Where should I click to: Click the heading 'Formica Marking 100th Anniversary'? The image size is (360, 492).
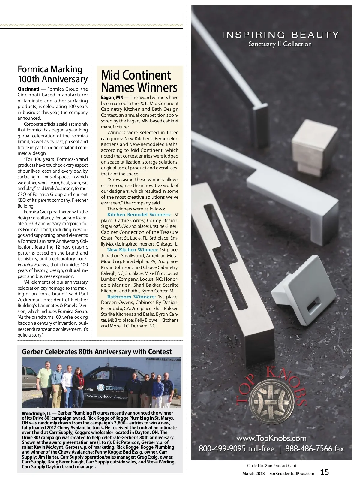click(52, 74)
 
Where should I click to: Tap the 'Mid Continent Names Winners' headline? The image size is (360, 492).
click(139, 81)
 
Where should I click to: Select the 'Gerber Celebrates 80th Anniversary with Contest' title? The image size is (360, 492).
click(97, 352)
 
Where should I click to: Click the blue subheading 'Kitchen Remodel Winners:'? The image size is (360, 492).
click(139, 215)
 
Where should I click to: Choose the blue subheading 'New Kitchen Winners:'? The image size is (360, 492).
click(133, 250)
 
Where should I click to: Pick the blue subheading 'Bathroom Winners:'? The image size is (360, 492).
click(131, 297)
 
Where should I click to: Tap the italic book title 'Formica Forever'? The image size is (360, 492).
click(33, 265)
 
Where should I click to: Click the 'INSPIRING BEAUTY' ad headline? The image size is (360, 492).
click(280, 35)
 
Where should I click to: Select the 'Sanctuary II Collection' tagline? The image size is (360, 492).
click(280, 44)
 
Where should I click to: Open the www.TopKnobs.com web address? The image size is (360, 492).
click(271, 438)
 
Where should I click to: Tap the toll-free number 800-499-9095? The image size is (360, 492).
click(237, 449)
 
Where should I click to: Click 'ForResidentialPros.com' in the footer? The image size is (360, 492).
click(292, 474)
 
